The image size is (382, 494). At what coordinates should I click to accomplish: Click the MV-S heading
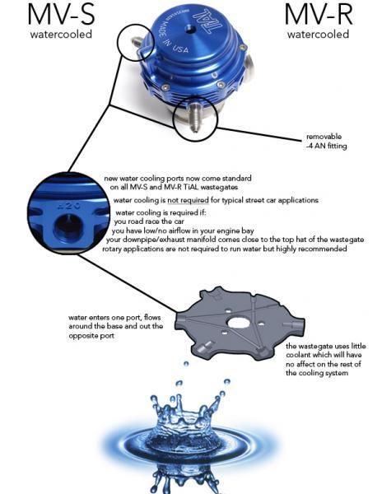tap(61, 15)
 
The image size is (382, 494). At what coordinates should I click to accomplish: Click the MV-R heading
tap(319, 15)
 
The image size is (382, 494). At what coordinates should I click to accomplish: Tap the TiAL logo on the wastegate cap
tap(205, 20)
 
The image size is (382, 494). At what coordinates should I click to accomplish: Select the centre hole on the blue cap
tap(190, 30)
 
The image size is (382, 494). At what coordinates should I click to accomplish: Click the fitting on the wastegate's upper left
tap(137, 41)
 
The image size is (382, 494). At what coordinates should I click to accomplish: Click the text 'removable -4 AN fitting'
tap(326, 141)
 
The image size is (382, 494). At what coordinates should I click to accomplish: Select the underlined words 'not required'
tap(188, 200)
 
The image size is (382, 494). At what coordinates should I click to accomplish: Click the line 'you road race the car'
tap(149, 221)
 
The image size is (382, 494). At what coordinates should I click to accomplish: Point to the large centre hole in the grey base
tap(239, 322)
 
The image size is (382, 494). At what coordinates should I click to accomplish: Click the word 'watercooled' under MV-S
tap(61, 34)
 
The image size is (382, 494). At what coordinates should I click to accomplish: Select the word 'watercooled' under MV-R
tap(318, 34)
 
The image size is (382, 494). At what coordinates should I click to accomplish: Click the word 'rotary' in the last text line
tap(111, 249)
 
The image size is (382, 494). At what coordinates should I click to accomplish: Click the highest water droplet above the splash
tap(186, 364)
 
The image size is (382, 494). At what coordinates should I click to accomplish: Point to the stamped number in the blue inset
tap(70, 206)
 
